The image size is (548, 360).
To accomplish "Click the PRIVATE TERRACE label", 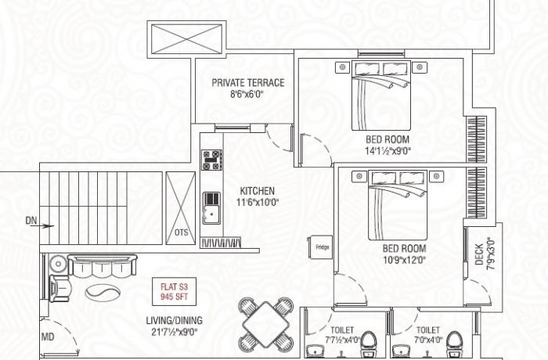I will coord(247,83).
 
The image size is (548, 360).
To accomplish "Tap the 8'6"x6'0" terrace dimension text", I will coord(247,95).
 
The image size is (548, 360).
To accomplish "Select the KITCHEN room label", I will coord(257,190).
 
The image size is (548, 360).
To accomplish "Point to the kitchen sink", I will coord(211,208).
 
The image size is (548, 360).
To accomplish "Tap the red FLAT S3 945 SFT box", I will coord(172,292).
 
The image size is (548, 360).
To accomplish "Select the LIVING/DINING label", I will coord(174,320).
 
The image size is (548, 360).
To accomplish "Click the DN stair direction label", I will coord(31,222).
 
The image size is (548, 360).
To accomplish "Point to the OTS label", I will coord(181,232).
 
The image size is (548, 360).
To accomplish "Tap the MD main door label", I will coord(46,337).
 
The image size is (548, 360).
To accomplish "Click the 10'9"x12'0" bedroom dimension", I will coord(404,260).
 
